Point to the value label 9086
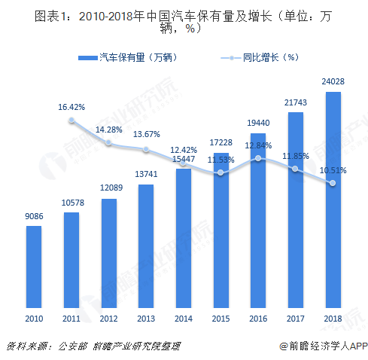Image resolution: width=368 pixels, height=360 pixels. (x=34, y=217)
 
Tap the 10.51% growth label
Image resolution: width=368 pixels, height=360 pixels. (x=332, y=170)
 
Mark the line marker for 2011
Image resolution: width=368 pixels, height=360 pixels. (x=71, y=121)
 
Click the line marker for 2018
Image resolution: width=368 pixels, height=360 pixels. (x=332, y=183)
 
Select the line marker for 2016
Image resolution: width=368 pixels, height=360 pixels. (x=257, y=158)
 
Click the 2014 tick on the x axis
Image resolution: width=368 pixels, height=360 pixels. (x=183, y=319)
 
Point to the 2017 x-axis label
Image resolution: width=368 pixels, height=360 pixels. (x=295, y=319)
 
